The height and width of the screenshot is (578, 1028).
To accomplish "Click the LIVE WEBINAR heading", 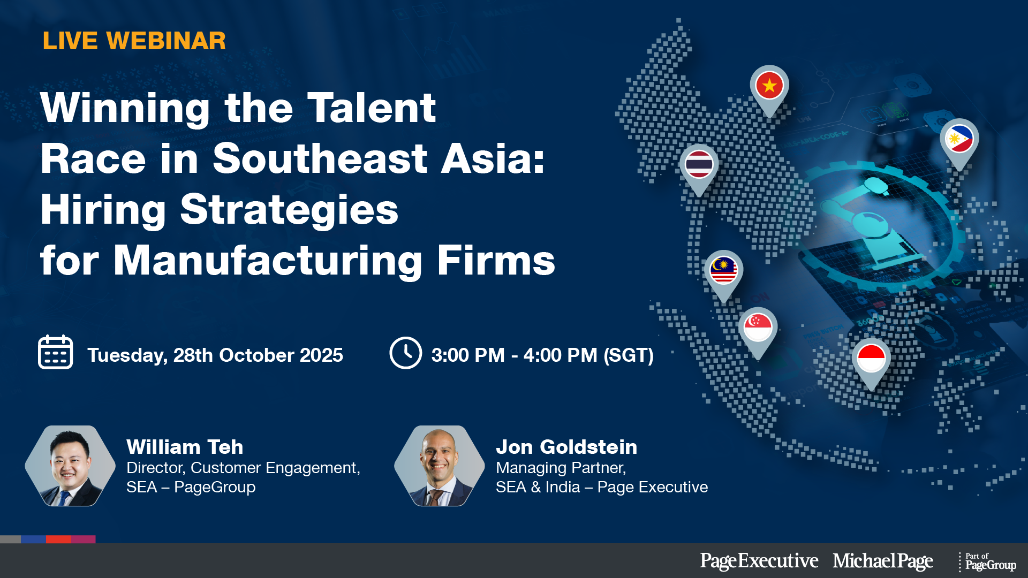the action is point(134,41).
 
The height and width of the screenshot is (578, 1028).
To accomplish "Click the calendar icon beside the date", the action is point(56,352).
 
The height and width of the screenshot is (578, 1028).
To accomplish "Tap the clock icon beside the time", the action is point(405,353).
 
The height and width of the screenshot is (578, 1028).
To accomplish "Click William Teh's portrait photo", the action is point(70,466).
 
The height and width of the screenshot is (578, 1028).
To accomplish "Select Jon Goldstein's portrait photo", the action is point(440,466).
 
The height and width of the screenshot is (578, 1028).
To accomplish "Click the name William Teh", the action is point(185,447).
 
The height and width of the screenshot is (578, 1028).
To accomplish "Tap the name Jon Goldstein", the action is point(566,447).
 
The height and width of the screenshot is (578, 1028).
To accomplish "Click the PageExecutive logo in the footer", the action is point(759,561).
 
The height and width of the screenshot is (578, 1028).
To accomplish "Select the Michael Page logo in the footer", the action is point(883,561).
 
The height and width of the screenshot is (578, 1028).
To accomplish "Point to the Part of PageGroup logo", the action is point(988,562).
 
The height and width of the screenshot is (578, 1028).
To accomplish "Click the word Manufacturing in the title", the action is point(268,261).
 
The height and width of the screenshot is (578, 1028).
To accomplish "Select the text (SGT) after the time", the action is point(629,355).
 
